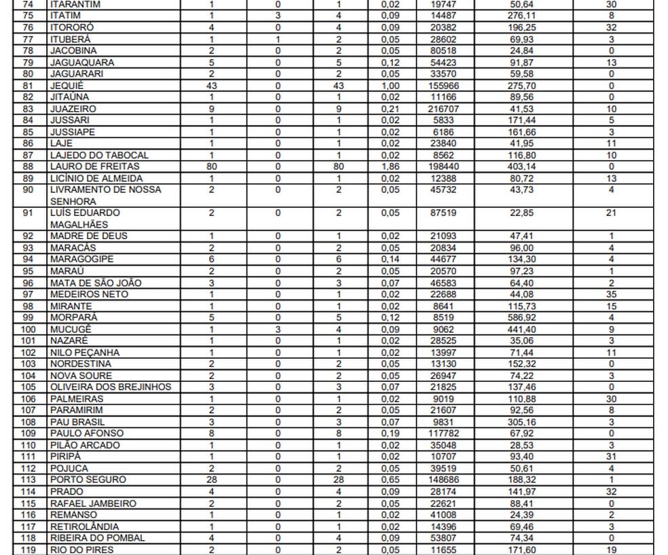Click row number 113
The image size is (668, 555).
tap(28, 480)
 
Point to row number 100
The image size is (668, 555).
tap(28, 329)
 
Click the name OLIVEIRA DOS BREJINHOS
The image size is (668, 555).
tap(111, 387)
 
